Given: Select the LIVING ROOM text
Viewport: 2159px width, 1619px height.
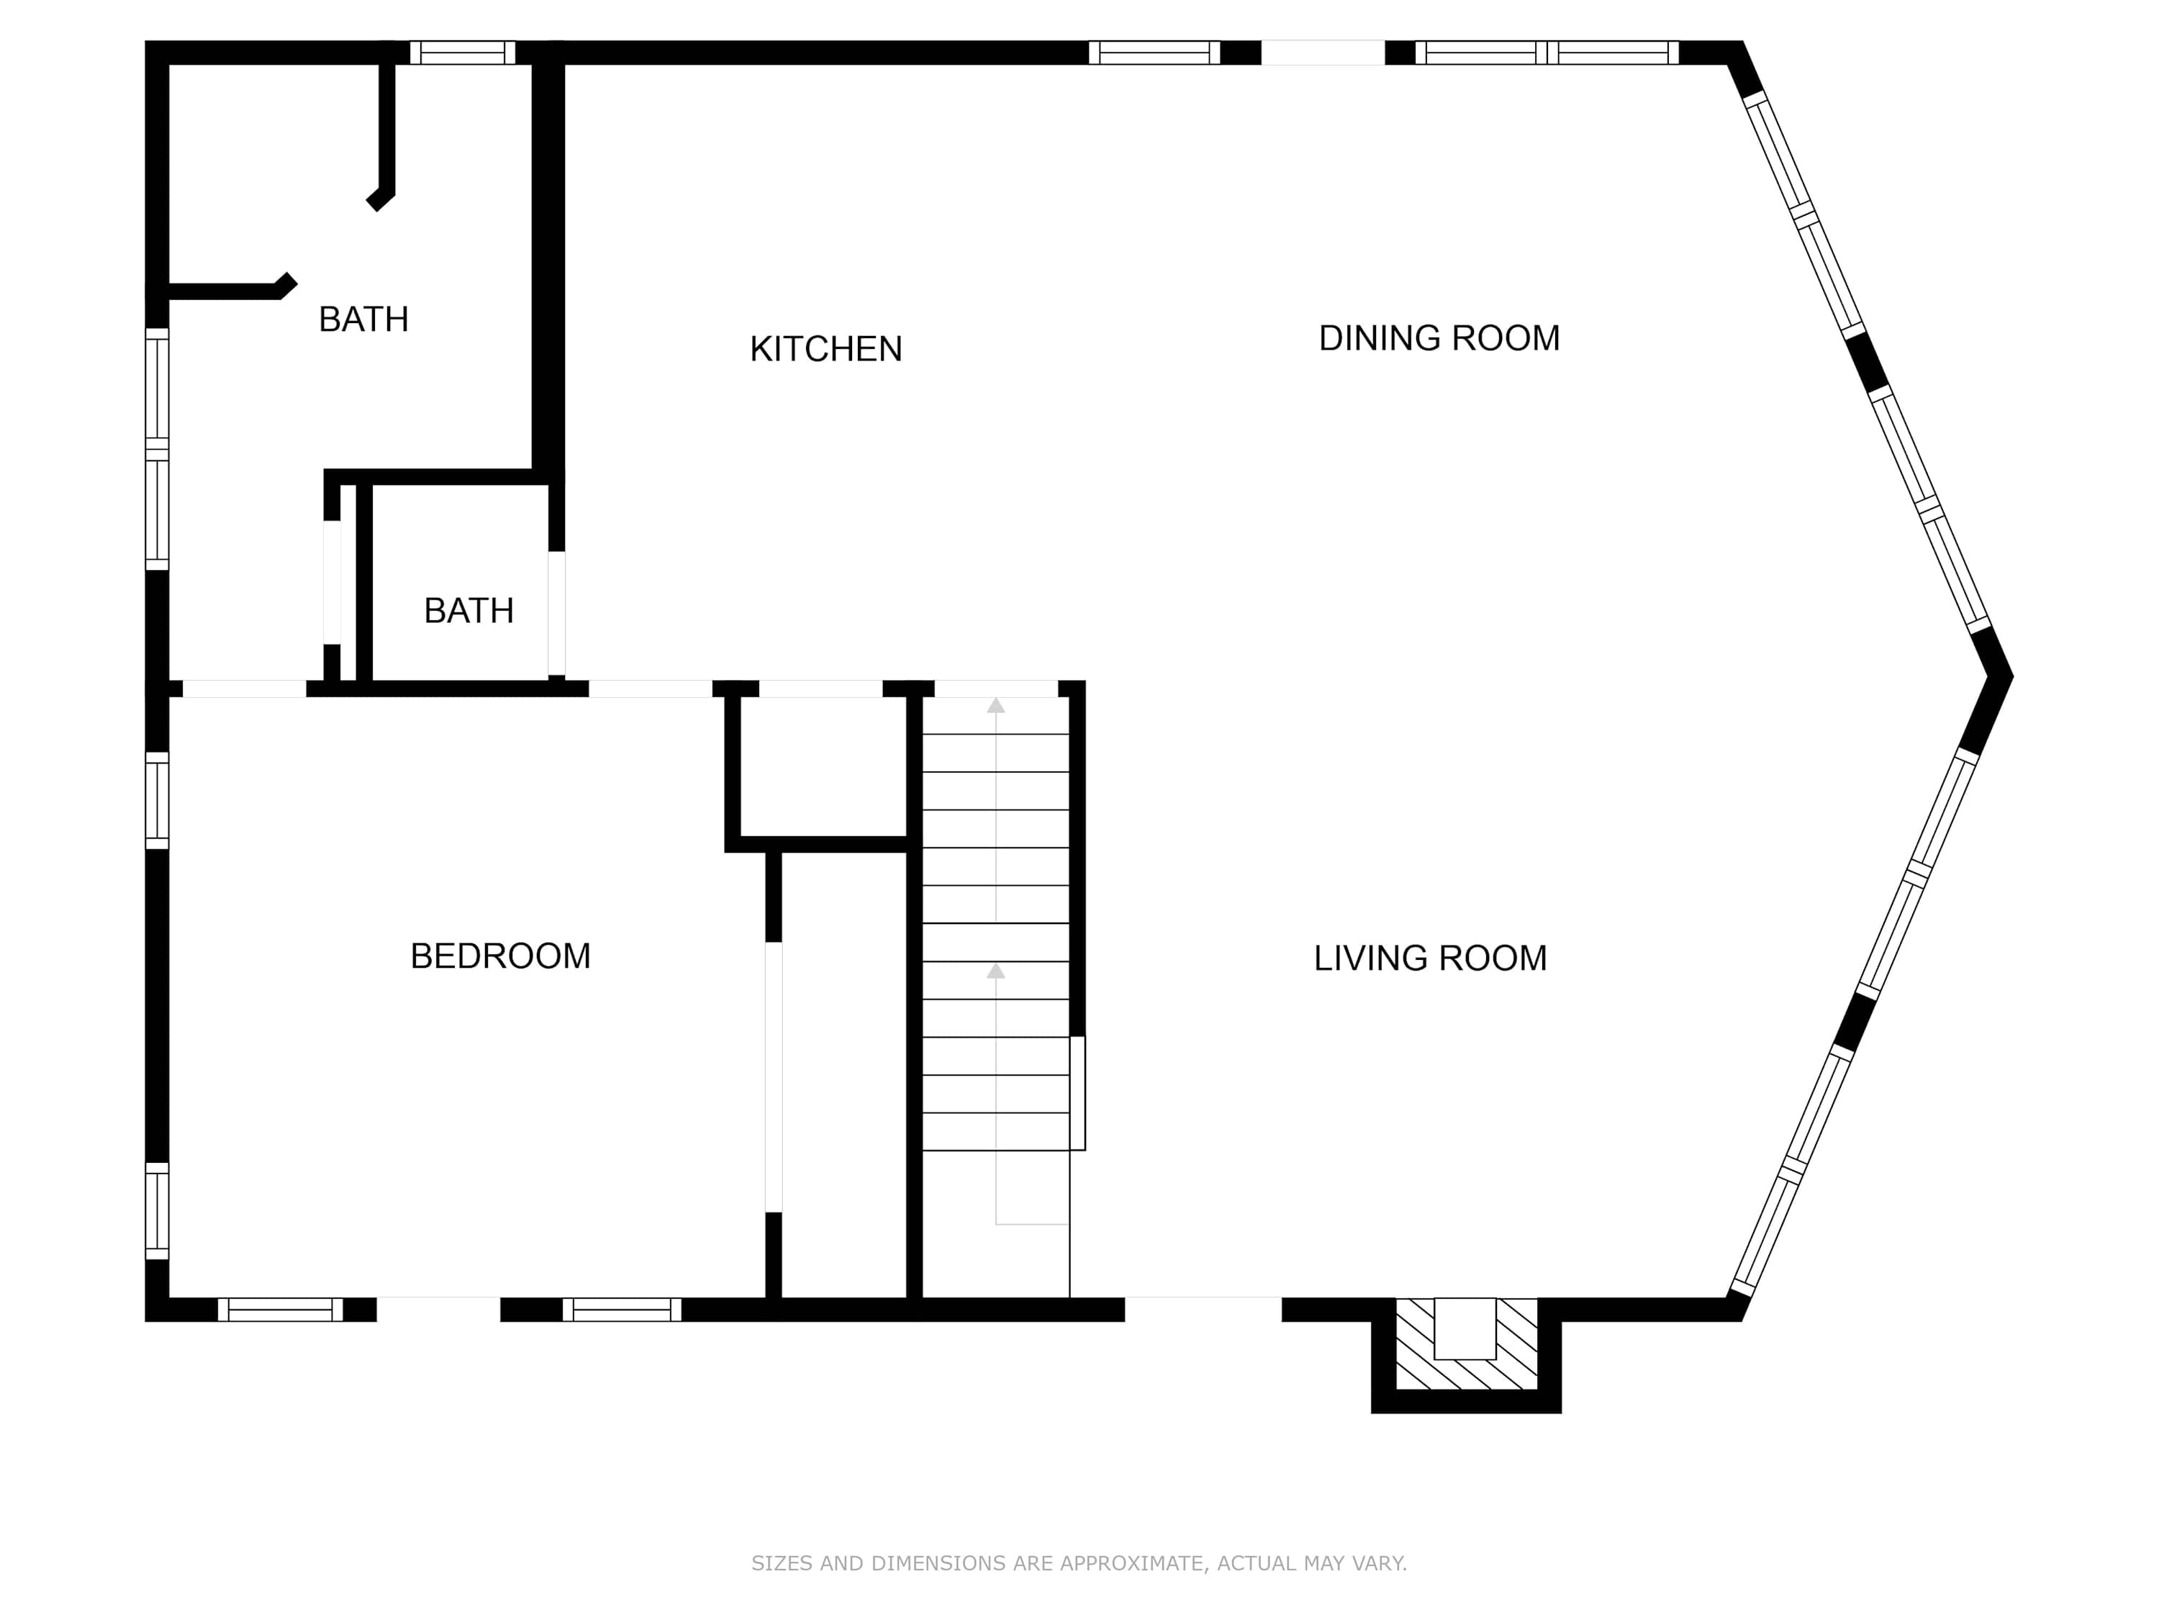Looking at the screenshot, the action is tap(1430, 958).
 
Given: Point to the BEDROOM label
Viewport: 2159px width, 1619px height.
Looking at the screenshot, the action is tap(499, 956).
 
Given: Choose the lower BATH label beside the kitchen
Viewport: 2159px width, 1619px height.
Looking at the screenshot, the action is tap(469, 611).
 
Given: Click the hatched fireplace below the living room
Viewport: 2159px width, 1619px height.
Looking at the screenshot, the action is tap(1466, 1343).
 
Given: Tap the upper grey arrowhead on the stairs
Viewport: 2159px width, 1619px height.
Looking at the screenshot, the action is tap(995, 704).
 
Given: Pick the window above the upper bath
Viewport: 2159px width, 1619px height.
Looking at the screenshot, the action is tap(462, 53).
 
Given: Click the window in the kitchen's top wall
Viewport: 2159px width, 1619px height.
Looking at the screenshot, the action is tap(1154, 53).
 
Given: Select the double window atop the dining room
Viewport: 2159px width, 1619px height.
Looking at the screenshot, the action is tap(1547, 53).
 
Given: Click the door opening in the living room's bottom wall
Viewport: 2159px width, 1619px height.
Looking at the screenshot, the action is tap(1203, 1310).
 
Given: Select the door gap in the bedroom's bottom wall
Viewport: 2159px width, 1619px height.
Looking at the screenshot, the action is tap(438, 1310).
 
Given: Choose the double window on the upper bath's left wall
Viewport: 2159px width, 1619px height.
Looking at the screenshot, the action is tap(157, 449).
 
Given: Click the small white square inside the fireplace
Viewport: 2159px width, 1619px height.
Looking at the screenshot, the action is tap(1465, 1328).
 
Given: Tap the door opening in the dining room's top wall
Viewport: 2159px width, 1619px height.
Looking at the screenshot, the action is tap(1323, 53).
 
